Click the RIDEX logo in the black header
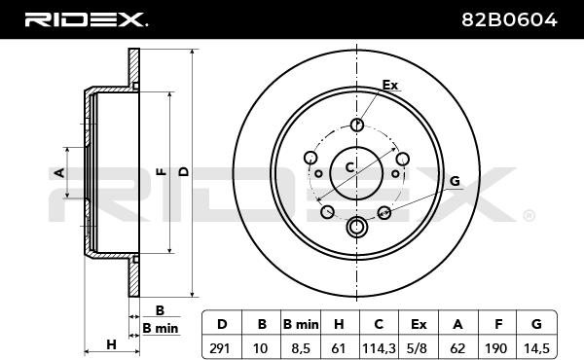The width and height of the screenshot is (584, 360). [87, 19]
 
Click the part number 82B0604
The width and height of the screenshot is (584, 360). [509, 19]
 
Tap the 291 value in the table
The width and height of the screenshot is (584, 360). [221, 348]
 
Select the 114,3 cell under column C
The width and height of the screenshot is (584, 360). [379, 348]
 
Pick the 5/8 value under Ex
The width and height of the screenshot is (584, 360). [418, 348]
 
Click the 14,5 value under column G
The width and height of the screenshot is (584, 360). [536, 348]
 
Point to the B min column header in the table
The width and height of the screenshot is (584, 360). [301, 324]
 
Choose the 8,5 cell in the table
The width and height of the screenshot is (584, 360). [300, 348]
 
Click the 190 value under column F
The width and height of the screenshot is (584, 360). [496, 348]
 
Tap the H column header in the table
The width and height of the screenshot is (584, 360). [339, 324]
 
